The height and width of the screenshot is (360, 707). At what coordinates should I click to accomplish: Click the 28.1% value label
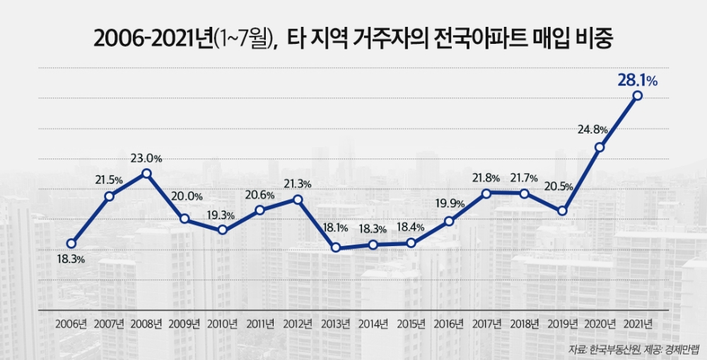[x=637, y=81]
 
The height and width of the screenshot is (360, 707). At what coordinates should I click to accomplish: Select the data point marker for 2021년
[x=638, y=95]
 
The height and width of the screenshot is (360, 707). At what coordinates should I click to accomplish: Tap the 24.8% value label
[x=592, y=129]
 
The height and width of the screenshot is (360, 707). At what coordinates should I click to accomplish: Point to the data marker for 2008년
[x=146, y=173]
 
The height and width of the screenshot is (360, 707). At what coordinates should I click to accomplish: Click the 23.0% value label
[x=147, y=158]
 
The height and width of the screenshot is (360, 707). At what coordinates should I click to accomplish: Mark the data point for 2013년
[x=336, y=248]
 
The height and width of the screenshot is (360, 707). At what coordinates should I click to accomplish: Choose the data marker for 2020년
[x=600, y=147]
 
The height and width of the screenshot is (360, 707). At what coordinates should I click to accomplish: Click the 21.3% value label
[x=298, y=184]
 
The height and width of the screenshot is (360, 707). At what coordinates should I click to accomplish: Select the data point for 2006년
[x=71, y=243]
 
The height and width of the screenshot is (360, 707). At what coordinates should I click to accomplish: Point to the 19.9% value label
[x=450, y=204]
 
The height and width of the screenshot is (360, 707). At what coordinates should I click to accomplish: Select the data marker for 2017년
[x=486, y=193]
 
